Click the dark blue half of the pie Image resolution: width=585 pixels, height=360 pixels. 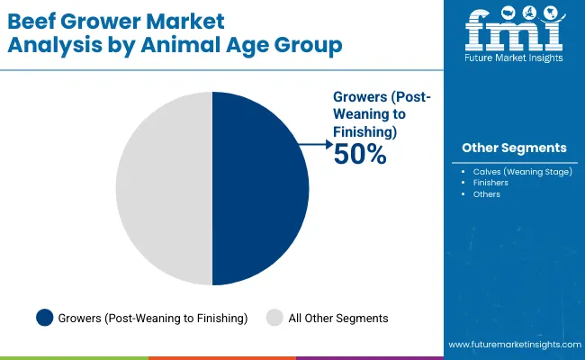tap(261, 189)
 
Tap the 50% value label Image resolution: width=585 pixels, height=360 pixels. tap(360, 156)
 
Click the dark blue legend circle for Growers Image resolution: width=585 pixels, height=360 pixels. tap(44, 317)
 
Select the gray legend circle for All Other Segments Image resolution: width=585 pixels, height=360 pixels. tap(275, 317)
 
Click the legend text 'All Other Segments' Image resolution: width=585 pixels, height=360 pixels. tap(338, 317)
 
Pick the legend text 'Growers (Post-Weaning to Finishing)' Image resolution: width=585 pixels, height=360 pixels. tap(152, 317)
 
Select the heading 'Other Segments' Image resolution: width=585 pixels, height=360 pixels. tap(514, 147)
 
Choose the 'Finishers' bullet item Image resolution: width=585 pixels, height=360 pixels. tap(490, 183)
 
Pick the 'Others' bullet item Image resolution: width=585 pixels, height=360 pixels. tap(487, 194)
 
